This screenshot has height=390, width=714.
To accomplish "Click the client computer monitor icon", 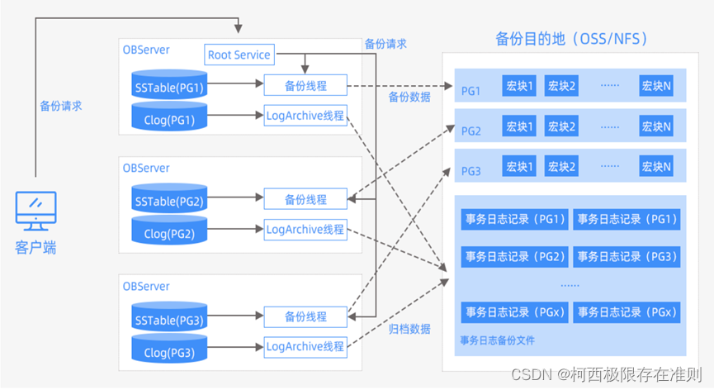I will [35, 211].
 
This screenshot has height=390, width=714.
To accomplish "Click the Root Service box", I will [239, 55].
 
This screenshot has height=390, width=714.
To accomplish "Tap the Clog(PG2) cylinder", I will [168, 234].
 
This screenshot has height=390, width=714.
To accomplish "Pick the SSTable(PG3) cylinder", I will [168, 319].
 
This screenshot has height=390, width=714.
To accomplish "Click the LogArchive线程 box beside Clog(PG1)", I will [305, 115].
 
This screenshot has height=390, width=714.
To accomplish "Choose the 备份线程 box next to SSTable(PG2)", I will [305, 199].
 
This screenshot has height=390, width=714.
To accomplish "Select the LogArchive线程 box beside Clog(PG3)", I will [305, 346].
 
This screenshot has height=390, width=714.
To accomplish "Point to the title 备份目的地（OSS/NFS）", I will [571, 38].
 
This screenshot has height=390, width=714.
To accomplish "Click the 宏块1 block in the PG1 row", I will [519, 85].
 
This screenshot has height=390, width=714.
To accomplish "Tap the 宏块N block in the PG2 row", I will [655, 126].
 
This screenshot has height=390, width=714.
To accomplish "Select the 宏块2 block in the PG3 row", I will [561, 167].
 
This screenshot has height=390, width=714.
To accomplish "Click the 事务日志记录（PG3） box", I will [627, 256].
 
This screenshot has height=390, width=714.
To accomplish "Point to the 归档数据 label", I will [409, 329].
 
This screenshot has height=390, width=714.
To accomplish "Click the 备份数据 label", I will [409, 97].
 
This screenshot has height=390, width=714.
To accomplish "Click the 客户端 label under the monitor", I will [35, 247].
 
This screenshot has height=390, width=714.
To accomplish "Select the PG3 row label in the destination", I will [470, 172].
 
